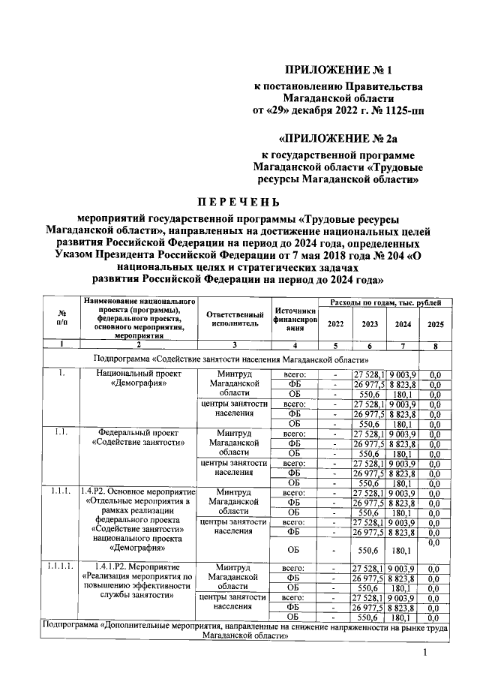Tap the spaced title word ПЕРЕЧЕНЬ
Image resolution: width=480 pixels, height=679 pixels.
(x=239, y=201)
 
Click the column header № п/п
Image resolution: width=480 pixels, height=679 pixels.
(x=60, y=320)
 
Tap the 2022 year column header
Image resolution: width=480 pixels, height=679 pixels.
(x=335, y=324)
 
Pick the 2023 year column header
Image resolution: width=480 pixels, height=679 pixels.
(x=369, y=324)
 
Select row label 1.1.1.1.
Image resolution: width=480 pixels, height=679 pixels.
(x=60, y=566)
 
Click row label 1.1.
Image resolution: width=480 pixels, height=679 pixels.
(x=60, y=431)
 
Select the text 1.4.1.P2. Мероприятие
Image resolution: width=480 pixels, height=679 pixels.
(x=136, y=566)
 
